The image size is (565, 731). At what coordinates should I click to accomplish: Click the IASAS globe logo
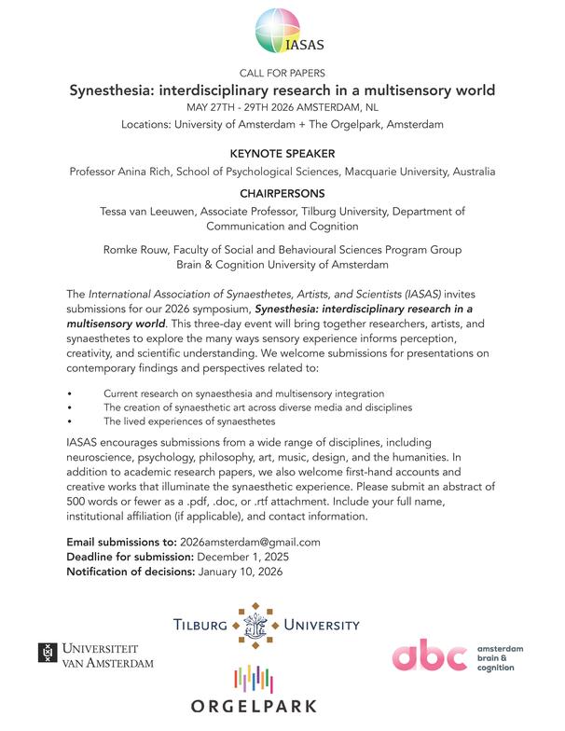282,31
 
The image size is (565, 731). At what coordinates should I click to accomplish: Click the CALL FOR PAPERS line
282,73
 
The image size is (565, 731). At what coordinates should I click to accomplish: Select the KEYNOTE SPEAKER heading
282,152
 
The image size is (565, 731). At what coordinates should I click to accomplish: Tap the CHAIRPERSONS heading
282,194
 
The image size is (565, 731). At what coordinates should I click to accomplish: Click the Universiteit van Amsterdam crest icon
48,655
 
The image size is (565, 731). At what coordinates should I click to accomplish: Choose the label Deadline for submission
130,557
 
